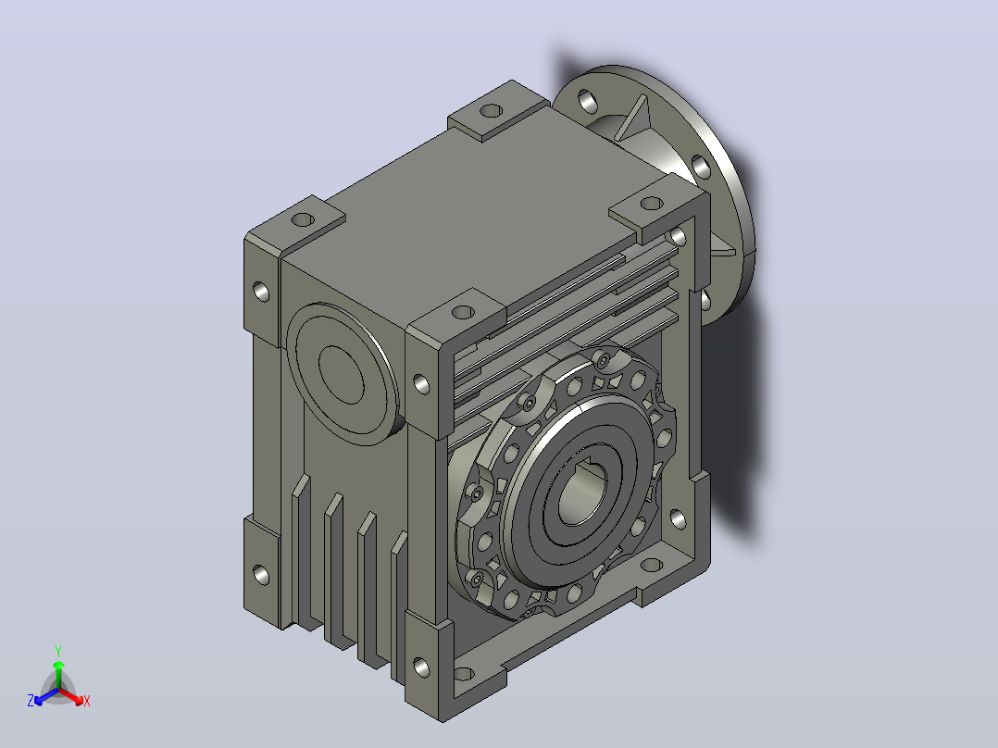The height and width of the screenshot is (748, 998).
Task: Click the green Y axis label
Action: coord(58,651)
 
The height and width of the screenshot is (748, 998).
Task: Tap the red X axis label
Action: coord(87,701)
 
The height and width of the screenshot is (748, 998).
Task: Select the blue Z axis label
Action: coord(31,701)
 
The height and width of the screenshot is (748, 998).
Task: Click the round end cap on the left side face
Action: coord(343,374)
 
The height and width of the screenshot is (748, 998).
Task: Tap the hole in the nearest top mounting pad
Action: coord(463,313)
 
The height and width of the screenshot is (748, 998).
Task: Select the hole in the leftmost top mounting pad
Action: coord(303,220)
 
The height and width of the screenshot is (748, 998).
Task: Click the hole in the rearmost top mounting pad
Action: coord(491,111)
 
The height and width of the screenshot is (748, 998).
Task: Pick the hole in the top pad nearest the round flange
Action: coord(651,204)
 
